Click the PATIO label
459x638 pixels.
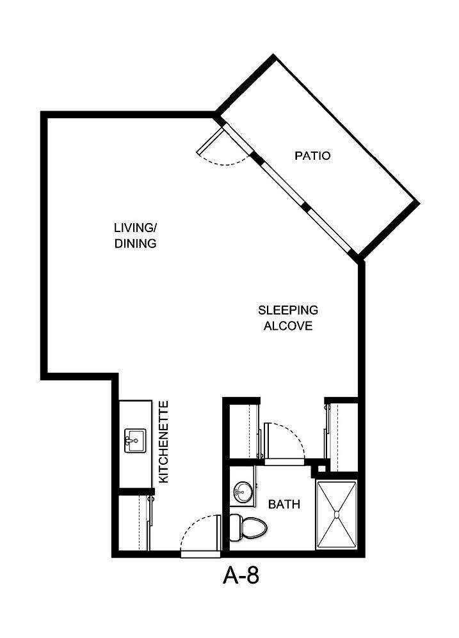click(312, 155)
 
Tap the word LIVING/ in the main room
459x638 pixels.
click(134, 228)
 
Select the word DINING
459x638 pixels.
click(135, 244)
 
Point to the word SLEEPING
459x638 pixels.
click(288, 310)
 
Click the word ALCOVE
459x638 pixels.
click(288, 326)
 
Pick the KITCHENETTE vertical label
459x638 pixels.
click(163, 442)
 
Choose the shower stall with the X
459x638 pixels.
click(337, 515)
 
